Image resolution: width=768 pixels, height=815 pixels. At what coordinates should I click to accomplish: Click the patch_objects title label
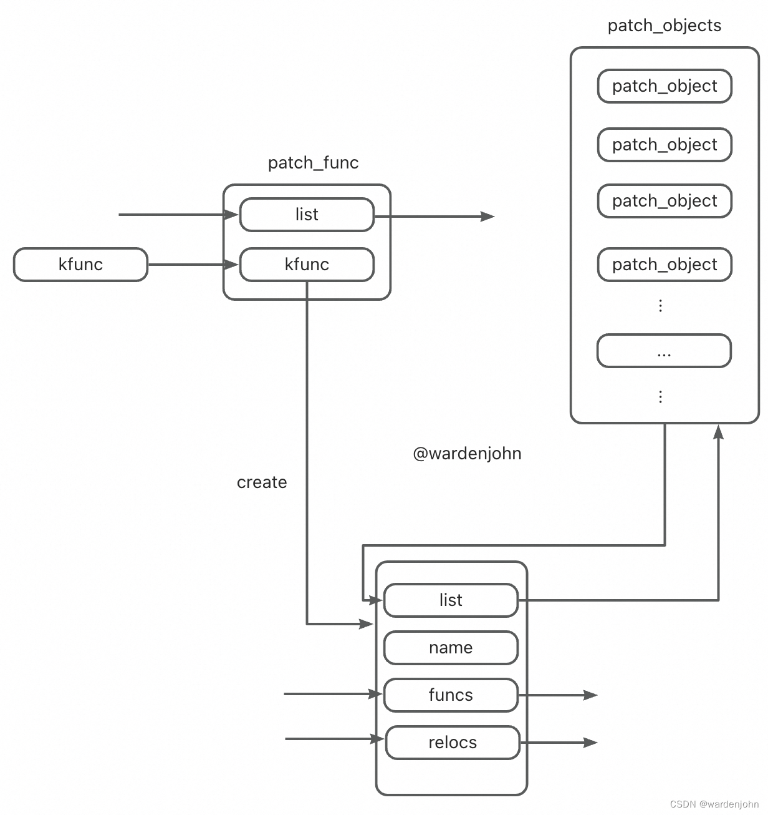click(664, 26)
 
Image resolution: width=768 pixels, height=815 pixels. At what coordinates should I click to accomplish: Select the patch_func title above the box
click(313, 163)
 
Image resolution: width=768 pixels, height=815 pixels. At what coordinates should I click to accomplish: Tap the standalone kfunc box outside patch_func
click(80, 265)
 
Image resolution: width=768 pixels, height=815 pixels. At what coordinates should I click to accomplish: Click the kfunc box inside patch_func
click(307, 265)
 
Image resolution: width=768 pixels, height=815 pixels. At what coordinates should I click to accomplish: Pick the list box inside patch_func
click(307, 215)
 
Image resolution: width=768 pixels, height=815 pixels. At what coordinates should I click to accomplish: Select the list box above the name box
click(451, 600)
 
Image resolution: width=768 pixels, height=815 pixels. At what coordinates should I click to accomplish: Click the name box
click(451, 648)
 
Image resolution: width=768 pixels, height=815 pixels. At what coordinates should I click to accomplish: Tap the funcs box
click(451, 695)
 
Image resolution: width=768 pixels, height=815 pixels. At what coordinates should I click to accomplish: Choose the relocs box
click(453, 743)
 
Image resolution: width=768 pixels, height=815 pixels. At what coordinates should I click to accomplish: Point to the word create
click(262, 482)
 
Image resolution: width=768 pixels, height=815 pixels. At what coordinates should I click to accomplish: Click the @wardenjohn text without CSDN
click(467, 454)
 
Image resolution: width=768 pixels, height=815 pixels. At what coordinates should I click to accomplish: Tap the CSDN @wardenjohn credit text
click(714, 804)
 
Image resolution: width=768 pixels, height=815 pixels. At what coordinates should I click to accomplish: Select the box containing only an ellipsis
click(664, 351)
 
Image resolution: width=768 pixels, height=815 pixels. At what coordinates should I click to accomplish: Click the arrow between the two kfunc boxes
click(193, 265)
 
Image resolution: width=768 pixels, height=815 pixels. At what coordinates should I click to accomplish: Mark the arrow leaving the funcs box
click(558, 695)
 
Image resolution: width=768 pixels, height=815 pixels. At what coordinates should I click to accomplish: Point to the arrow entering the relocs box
click(334, 739)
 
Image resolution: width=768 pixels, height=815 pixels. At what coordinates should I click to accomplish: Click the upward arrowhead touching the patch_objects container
click(718, 432)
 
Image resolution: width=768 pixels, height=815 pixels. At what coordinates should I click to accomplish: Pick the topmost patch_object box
click(665, 86)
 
